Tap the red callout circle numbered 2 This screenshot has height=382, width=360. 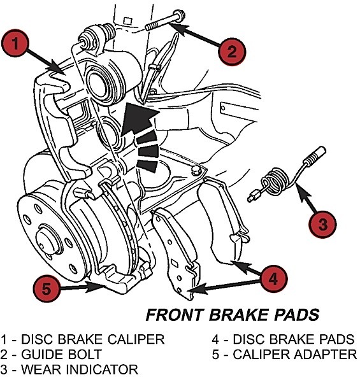click(232, 50)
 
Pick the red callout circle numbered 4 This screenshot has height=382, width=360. click(273, 278)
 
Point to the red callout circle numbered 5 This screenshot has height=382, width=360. click(45, 288)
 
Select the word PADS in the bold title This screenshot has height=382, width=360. click(295, 315)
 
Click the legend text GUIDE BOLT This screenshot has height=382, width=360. click(52, 354)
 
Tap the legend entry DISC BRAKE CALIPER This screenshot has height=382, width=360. click(82, 339)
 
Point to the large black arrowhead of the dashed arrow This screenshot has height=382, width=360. click(137, 118)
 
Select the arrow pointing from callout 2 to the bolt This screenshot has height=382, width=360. click(197, 36)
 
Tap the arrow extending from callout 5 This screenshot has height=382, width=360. click(83, 288)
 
